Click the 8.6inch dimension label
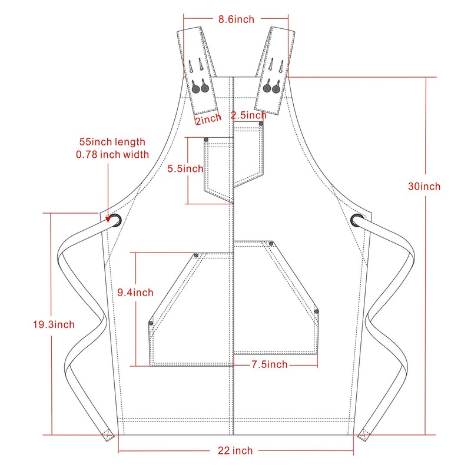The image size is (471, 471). (236, 19)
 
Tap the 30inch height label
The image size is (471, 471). (424, 187)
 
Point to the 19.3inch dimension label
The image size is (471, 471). (54, 324)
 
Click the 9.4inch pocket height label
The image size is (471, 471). (135, 293)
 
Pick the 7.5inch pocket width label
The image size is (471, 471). (269, 365)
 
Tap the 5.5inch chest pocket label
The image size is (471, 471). (185, 169)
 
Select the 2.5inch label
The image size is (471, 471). (248, 115)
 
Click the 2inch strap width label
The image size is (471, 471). (208, 118)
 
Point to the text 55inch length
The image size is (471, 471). (112, 142)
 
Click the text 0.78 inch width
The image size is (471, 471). (112, 155)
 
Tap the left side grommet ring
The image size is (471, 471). (115, 221)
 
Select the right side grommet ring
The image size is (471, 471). (357, 220)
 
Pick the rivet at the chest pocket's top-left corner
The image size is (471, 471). (207, 140)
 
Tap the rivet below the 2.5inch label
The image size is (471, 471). (261, 124)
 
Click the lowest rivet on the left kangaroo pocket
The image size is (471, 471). (151, 323)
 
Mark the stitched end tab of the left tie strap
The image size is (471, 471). (108, 435)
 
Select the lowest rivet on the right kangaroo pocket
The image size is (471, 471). (316, 311)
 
